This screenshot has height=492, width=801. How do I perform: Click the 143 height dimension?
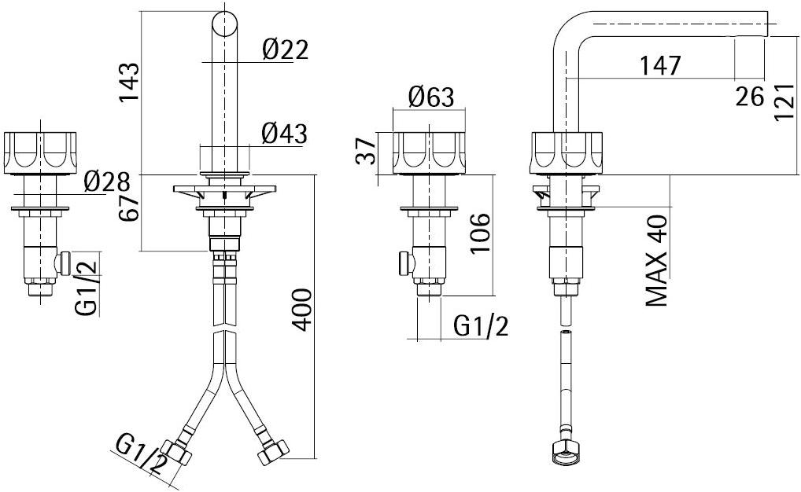pos(129,82)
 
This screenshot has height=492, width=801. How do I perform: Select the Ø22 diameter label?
pos(285,50)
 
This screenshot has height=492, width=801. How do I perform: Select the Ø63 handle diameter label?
pos(431,98)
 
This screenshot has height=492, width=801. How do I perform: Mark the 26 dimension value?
pos(750,97)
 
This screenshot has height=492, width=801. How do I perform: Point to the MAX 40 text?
pos(657,260)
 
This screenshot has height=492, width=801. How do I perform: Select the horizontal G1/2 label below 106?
pos(481,325)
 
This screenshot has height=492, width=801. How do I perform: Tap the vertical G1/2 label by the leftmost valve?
pos(88,284)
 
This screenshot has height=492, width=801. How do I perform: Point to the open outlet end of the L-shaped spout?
pos(765,24)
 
